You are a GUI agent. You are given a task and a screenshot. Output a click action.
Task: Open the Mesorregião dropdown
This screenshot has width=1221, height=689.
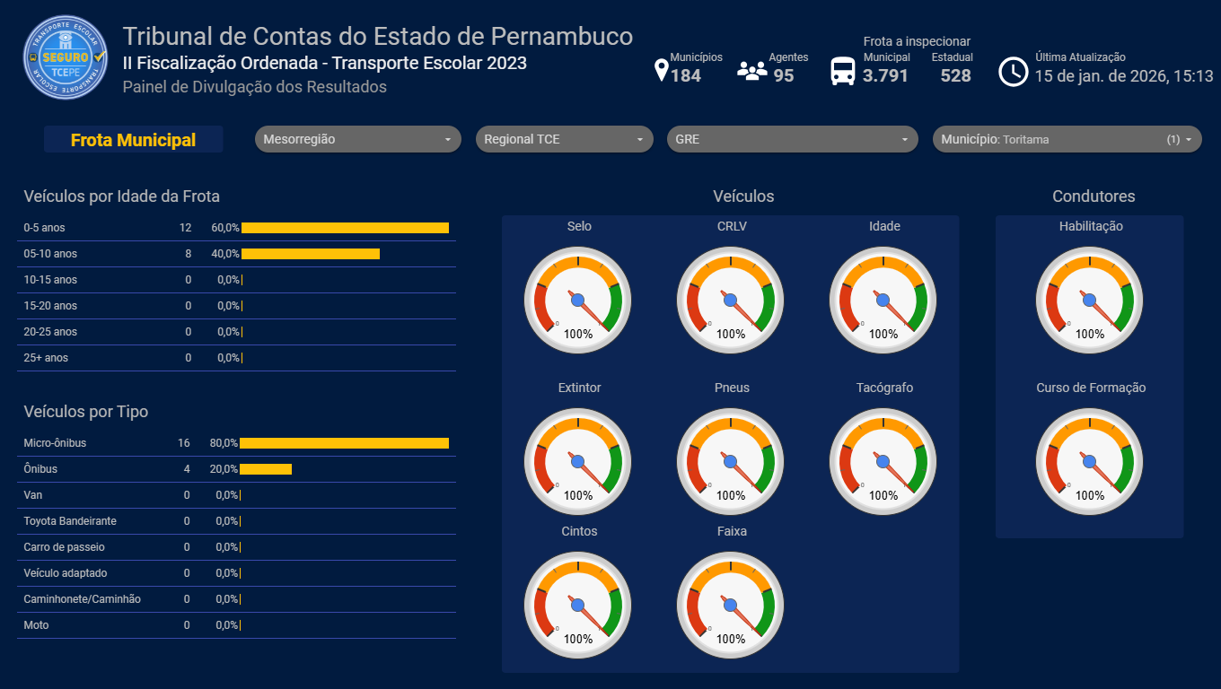click(357, 139)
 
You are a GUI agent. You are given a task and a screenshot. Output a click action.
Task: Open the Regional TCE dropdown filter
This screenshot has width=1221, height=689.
click(564, 139)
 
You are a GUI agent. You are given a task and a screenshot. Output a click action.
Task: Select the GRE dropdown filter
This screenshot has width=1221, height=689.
click(792, 139)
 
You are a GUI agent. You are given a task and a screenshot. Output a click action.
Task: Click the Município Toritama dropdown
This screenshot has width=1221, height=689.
click(1067, 139)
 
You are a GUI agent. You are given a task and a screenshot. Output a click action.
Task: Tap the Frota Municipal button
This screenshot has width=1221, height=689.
click(133, 140)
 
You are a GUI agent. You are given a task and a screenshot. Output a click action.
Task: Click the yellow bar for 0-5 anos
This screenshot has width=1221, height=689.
click(345, 228)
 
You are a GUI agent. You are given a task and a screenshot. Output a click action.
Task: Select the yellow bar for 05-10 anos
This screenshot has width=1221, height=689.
click(311, 254)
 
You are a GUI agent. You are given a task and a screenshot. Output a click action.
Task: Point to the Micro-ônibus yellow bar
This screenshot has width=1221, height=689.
click(344, 443)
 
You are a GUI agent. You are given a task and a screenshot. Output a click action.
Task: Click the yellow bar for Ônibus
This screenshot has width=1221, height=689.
click(266, 469)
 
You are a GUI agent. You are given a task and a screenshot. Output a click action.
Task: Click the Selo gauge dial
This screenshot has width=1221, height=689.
click(578, 301)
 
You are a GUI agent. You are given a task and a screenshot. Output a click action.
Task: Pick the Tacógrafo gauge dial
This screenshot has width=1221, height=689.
click(883, 462)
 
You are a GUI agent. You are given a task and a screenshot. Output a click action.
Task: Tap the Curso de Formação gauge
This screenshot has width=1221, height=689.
click(1090, 462)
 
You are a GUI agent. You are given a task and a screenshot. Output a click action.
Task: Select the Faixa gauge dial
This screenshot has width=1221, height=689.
click(731, 606)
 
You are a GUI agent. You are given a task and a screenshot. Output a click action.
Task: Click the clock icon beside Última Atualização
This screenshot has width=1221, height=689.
click(1013, 71)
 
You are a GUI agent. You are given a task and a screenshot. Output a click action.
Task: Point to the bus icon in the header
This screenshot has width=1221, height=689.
click(843, 71)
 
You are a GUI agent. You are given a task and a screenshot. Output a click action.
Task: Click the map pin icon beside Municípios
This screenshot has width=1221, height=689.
click(662, 71)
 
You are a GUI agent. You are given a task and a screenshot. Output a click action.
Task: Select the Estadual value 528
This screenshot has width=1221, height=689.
click(955, 75)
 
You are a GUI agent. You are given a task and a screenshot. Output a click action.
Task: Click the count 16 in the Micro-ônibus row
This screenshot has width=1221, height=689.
click(184, 443)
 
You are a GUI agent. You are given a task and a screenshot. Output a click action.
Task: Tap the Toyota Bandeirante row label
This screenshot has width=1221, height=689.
click(70, 521)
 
